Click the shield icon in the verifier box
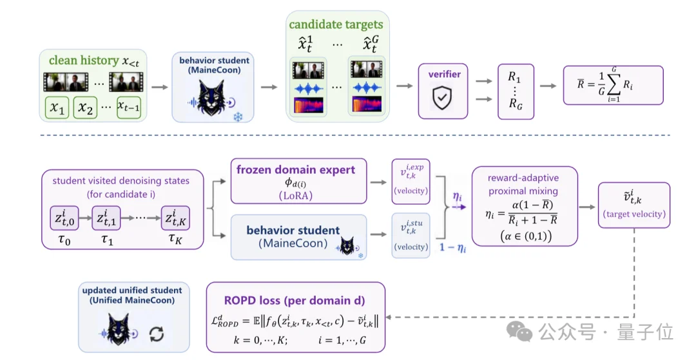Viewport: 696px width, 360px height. pyautogui.click(x=442, y=97)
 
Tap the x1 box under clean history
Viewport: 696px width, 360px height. pyautogui.click(x=57, y=108)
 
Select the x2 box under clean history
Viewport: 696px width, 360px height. pyautogui.click(x=85, y=108)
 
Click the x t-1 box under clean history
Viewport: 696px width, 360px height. pyautogui.click(x=129, y=108)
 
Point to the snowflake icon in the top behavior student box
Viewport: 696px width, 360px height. pyautogui.click(x=238, y=117)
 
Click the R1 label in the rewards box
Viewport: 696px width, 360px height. pyautogui.click(x=514, y=77)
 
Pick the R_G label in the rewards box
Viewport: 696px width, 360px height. pyautogui.click(x=515, y=104)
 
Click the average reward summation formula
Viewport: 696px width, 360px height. pyautogui.click(x=604, y=84)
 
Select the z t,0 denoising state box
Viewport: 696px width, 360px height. pyautogui.click(x=64, y=218)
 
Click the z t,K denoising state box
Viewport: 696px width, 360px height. pyautogui.click(x=175, y=218)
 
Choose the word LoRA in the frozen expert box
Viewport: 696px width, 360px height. pyautogui.click(x=296, y=196)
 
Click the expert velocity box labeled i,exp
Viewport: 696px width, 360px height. pyautogui.click(x=411, y=182)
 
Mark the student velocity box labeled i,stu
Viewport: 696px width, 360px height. pyautogui.click(x=411, y=236)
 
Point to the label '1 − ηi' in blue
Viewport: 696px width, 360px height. pyautogui.click(x=453, y=248)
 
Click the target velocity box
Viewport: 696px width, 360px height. pyautogui.click(x=634, y=205)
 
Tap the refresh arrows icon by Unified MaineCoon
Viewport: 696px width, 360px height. pyautogui.click(x=157, y=334)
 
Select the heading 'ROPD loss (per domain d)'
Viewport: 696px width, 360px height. pyautogui.click(x=295, y=301)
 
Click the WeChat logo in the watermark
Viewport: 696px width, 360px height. pyautogui.click(x=520, y=331)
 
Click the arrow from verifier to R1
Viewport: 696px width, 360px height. pyautogui.click(x=484, y=81)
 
